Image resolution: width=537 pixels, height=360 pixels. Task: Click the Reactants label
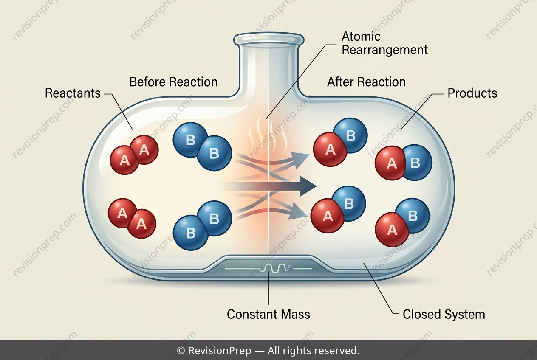click(x=73, y=93)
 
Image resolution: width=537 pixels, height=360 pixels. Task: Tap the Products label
click(x=472, y=93)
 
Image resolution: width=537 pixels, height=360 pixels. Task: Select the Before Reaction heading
click(x=173, y=82)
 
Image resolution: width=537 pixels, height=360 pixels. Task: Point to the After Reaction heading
click(x=366, y=82)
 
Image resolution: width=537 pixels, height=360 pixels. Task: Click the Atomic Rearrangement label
click(x=384, y=43)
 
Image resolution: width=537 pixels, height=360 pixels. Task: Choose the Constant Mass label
click(x=268, y=314)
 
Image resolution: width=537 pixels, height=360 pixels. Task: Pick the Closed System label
click(x=444, y=314)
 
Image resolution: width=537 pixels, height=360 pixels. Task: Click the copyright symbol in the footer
click(x=181, y=351)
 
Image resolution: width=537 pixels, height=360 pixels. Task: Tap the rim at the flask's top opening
click(x=269, y=40)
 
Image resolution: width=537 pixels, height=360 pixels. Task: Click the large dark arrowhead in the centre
click(x=308, y=186)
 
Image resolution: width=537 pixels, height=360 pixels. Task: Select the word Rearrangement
click(x=384, y=50)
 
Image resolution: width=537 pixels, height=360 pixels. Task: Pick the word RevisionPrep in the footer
click(x=220, y=351)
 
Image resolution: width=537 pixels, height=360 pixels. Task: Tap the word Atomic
click(x=361, y=37)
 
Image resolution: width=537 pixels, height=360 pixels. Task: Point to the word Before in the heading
click(x=148, y=82)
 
